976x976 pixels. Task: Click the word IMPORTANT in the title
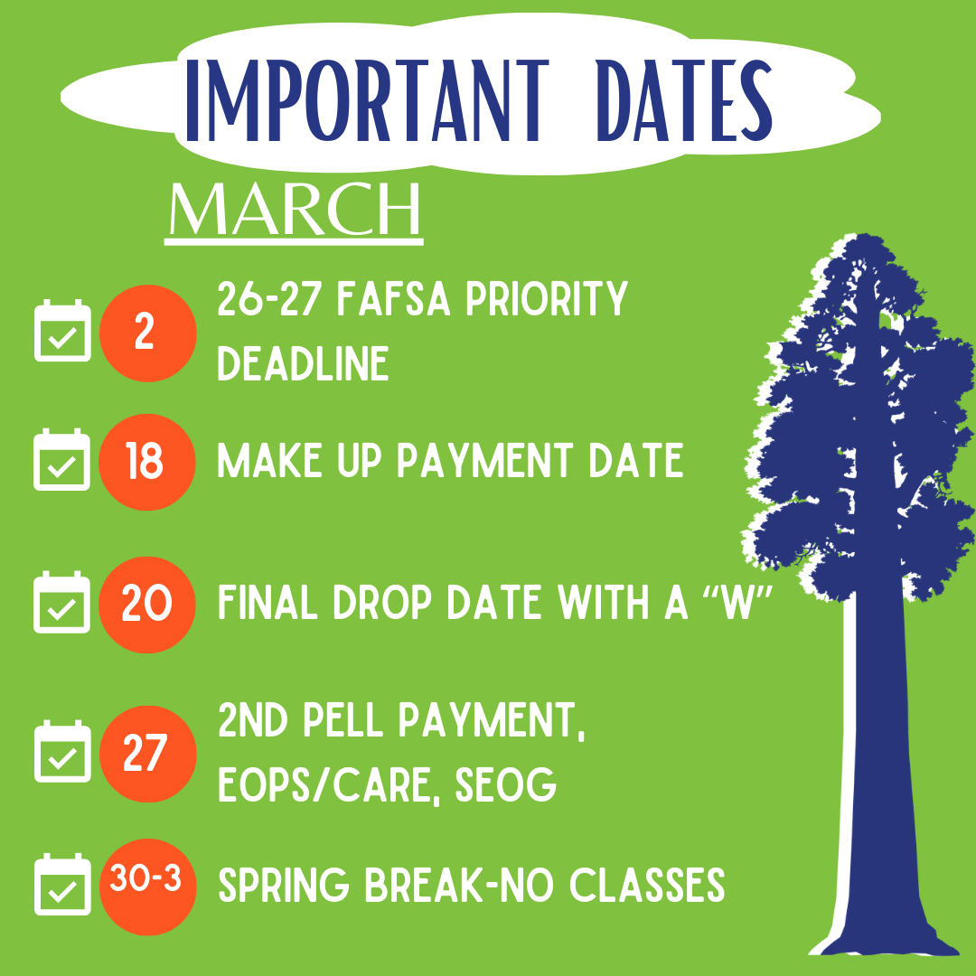point(368,101)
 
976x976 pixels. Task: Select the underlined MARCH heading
point(295,211)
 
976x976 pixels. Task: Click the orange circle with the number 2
point(147,333)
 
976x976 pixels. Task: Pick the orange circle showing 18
point(147,462)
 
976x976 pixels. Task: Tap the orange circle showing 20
point(147,605)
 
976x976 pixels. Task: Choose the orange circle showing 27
point(147,754)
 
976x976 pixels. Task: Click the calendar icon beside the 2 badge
point(62,331)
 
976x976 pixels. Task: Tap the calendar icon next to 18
point(61,459)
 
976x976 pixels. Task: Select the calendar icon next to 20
point(61,602)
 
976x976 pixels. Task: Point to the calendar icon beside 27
point(62,751)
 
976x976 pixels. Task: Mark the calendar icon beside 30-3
point(62,885)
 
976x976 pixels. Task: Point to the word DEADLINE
point(303,364)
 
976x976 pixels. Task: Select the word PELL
point(343,721)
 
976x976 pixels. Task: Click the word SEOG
point(505,785)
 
